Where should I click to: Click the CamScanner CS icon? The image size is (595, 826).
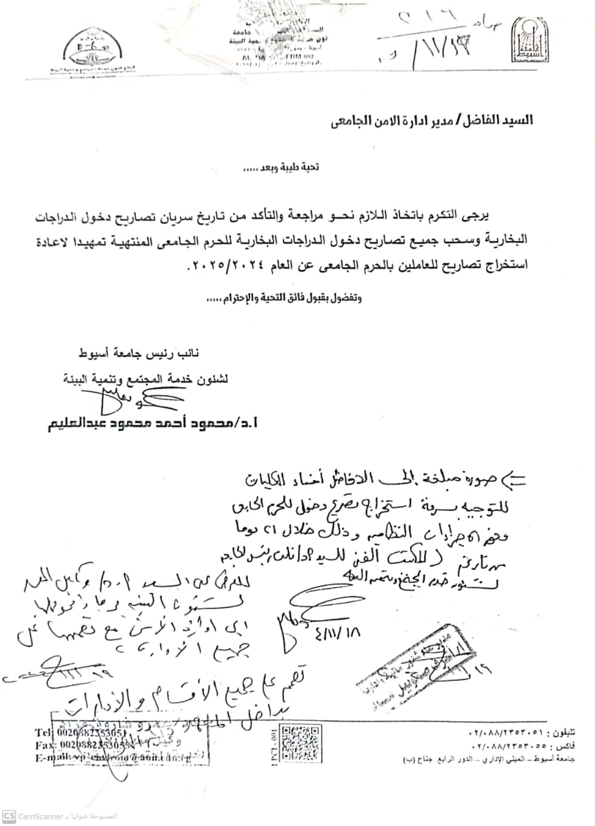[8, 816]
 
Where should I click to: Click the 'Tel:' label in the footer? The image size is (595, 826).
[44, 733]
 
